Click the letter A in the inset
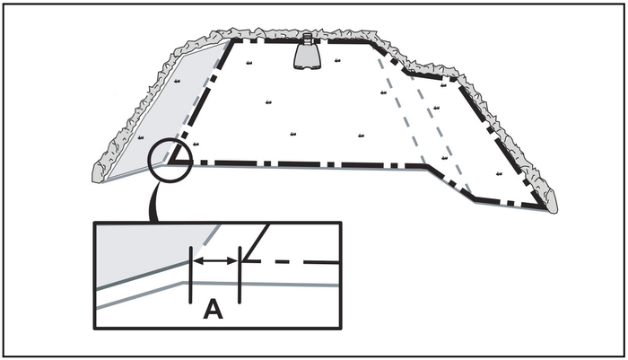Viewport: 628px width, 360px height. [x=213, y=311]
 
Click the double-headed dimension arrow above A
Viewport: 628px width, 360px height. [x=215, y=260]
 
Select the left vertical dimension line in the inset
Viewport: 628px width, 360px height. [x=191, y=274]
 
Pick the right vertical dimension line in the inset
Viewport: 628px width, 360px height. [x=240, y=274]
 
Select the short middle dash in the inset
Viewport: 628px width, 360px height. [x=284, y=261]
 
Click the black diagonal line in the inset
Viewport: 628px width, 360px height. [x=256, y=242]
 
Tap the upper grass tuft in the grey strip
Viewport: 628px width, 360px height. [x=179, y=82]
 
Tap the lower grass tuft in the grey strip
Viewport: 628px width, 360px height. [x=142, y=136]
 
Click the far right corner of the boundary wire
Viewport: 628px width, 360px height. [x=544, y=207]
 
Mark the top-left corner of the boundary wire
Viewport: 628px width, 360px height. [x=232, y=40]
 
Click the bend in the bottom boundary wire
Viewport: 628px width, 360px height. [x=425, y=166]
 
